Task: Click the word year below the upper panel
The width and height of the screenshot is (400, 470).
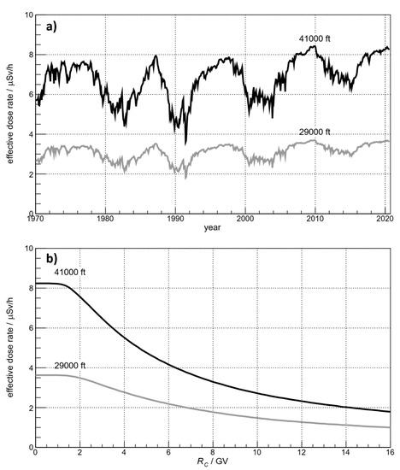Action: (213, 230)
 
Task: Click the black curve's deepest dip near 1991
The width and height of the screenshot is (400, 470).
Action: (185, 144)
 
